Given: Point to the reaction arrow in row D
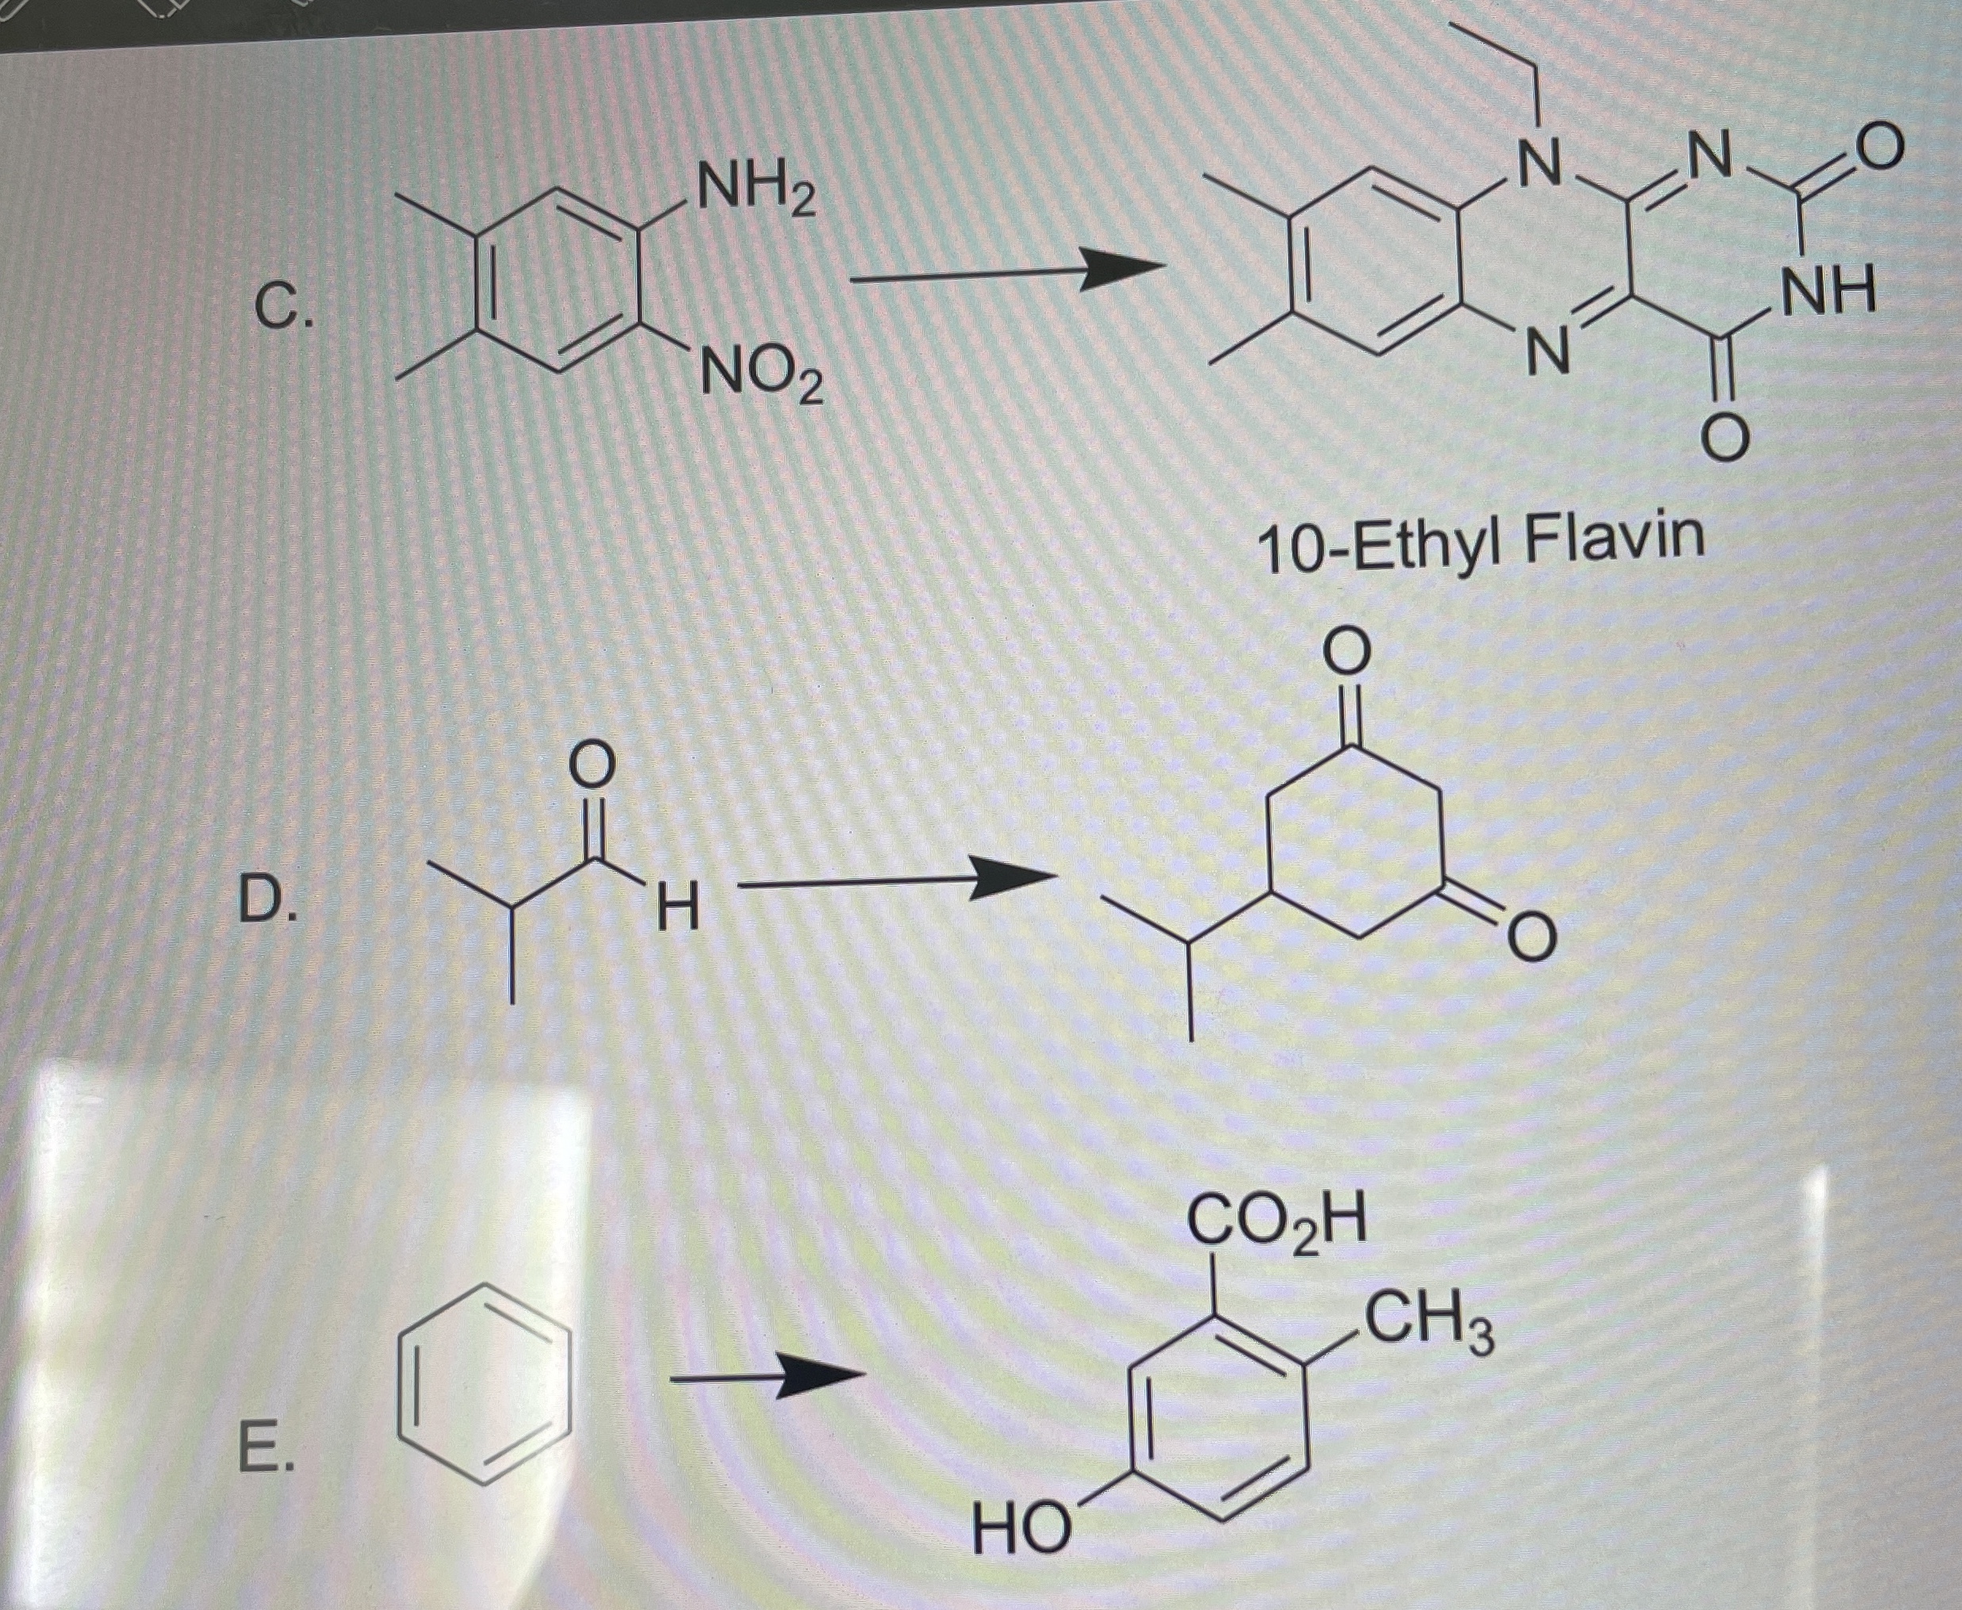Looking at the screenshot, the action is [x=894, y=880].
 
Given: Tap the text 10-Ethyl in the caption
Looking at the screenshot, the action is [x=1381, y=547].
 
